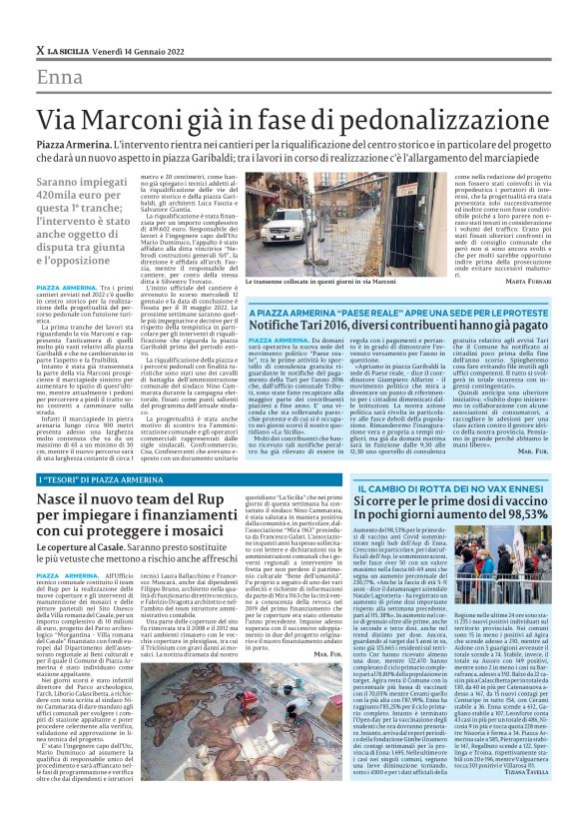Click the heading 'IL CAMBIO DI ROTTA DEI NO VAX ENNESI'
pyautogui.click(x=429, y=484)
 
